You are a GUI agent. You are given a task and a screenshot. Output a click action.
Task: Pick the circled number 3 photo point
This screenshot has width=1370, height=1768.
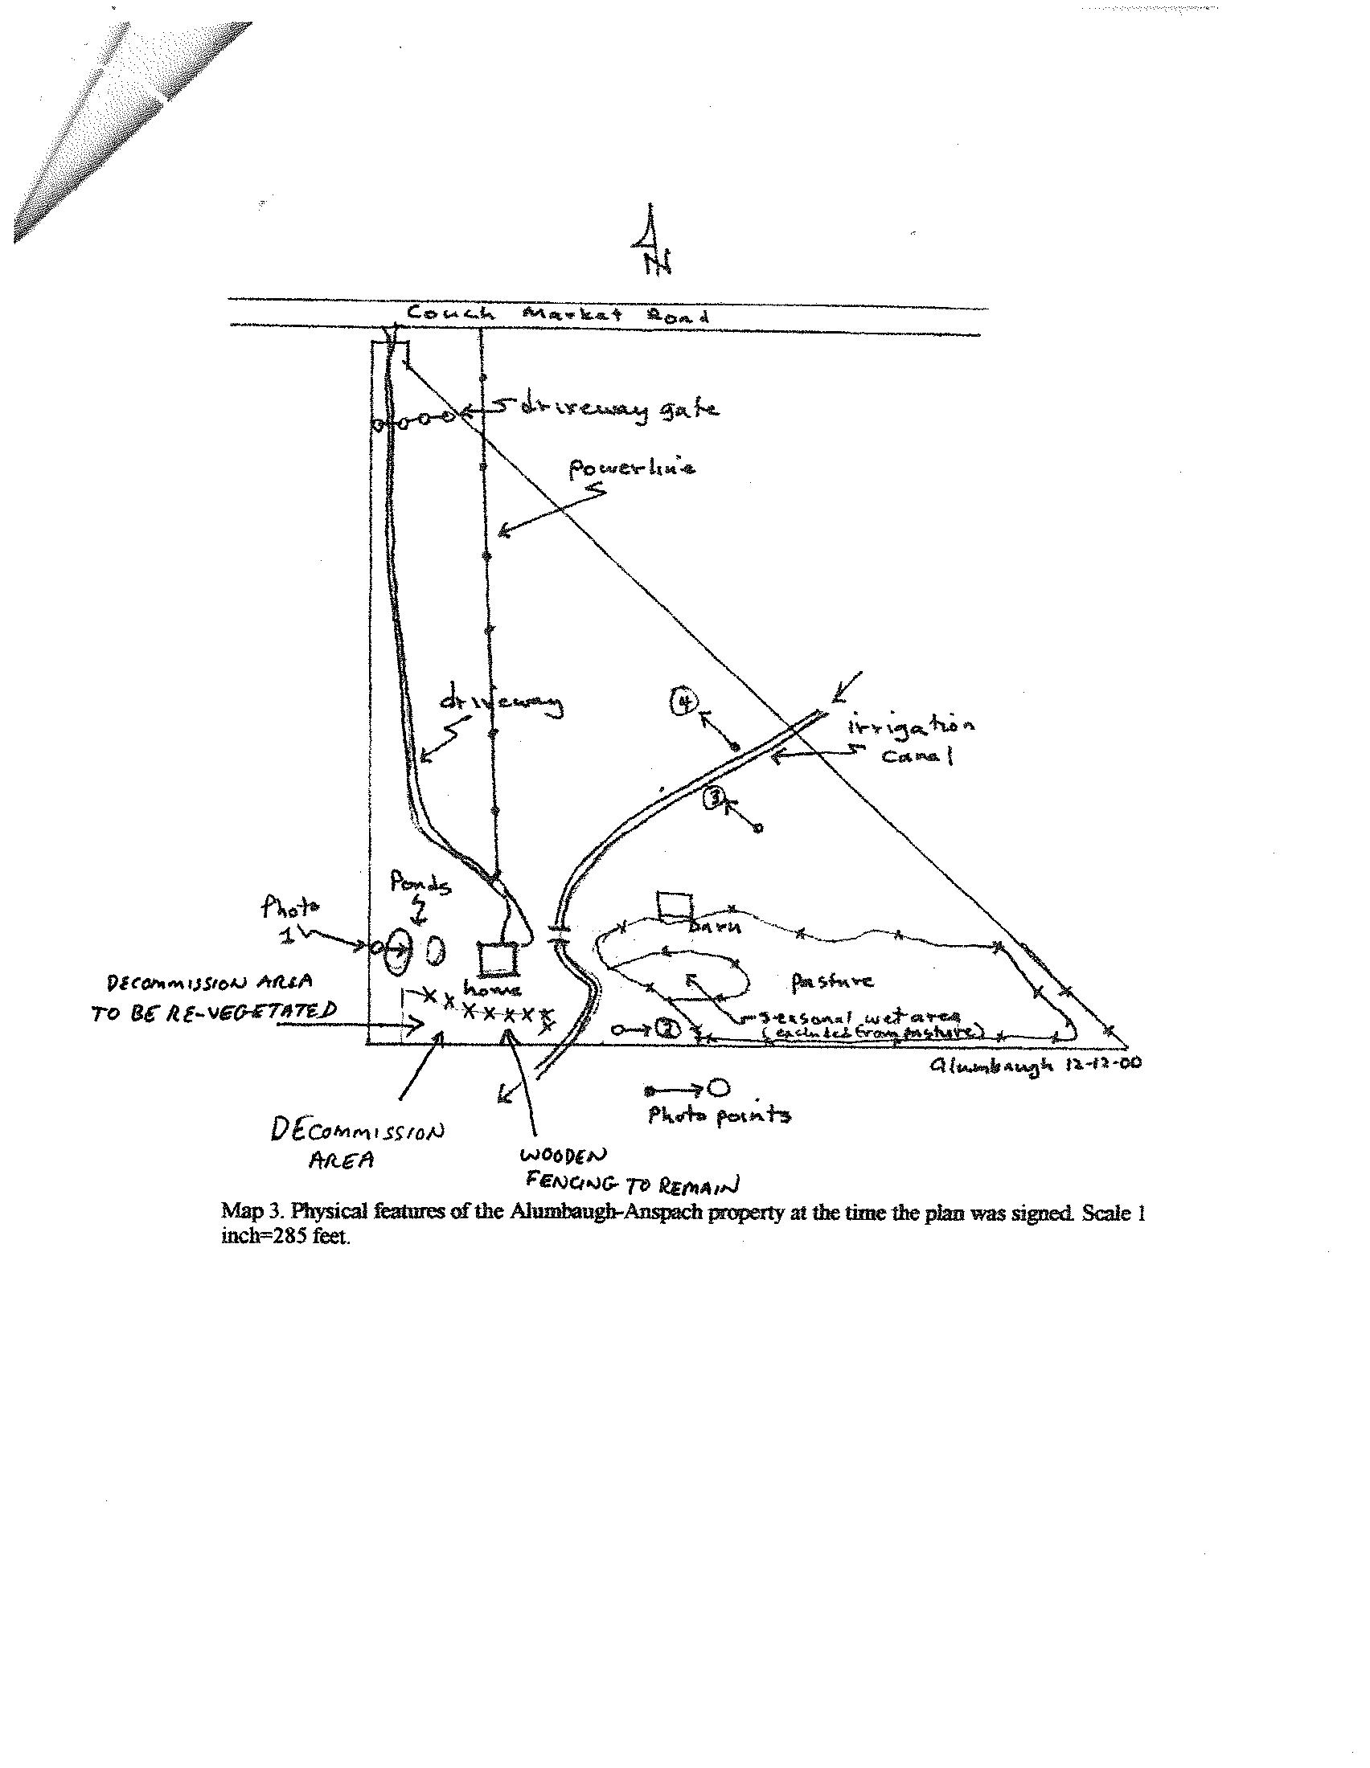716,799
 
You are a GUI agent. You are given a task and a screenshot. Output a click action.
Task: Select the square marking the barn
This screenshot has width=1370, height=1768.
675,906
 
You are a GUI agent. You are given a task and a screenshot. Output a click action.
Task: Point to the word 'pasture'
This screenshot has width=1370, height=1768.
832,982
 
